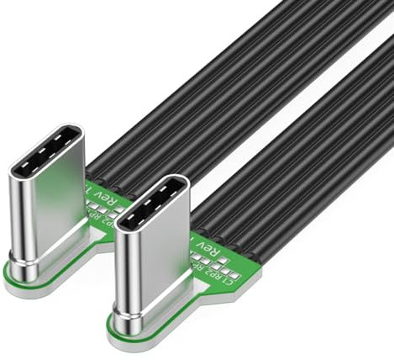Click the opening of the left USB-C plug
click(48, 152)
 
